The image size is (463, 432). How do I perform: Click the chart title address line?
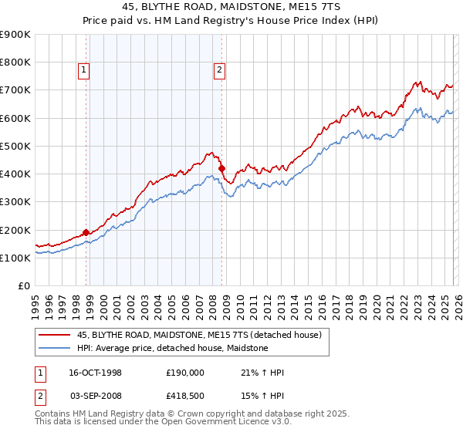tap(231, 7)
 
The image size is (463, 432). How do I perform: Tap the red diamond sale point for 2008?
tap(221, 168)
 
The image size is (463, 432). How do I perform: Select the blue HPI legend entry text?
tap(172, 348)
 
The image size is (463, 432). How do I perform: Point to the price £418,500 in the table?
tap(185, 396)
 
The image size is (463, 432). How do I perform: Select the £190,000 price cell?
tap(185, 373)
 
